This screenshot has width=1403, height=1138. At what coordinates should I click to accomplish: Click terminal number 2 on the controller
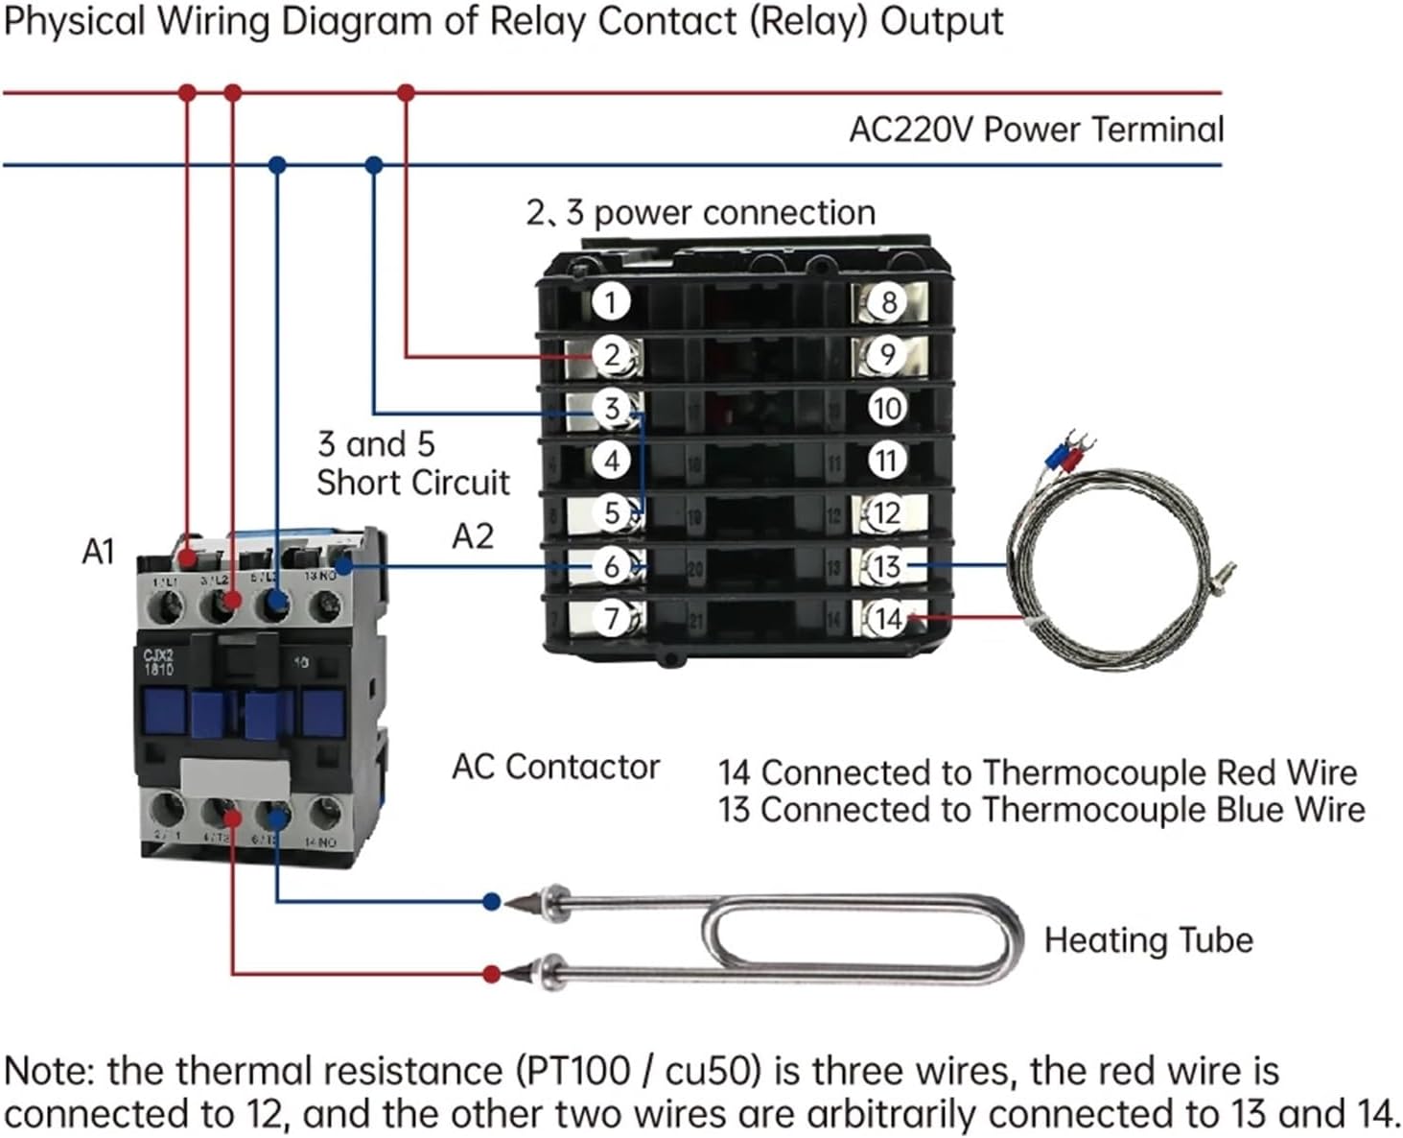[611, 355]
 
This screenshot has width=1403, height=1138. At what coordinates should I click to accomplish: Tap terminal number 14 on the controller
[888, 619]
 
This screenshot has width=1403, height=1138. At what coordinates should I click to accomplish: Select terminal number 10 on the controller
[887, 408]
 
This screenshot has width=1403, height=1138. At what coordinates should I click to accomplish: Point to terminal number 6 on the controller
[611, 566]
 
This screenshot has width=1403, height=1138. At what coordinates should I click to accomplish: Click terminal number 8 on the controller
[888, 302]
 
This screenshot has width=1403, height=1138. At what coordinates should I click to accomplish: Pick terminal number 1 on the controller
[610, 302]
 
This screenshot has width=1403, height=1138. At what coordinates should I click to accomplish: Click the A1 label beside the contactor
[98, 553]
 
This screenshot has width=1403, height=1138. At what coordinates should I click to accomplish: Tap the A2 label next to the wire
[472, 536]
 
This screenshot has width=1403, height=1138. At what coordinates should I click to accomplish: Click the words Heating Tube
[1148, 940]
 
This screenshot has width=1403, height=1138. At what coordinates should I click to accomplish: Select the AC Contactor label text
[555, 767]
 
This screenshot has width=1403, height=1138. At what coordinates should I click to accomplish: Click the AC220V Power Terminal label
[1036, 130]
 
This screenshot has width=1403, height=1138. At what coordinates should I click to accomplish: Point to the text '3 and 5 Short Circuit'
[412, 463]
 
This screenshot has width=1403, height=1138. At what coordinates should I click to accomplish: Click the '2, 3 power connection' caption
[700, 213]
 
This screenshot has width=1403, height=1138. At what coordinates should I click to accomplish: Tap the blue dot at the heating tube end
[492, 901]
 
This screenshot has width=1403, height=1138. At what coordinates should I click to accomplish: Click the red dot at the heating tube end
[492, 974]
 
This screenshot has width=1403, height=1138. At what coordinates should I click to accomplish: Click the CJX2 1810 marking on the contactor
[158, 662]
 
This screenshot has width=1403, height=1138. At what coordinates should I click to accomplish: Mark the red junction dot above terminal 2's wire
[406, 93]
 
